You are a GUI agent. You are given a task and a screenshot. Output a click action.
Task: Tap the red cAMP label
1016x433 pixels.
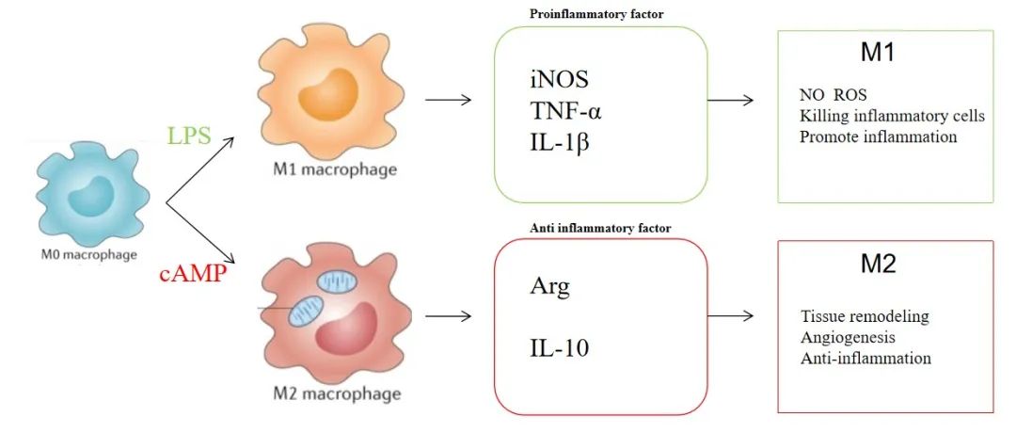tap(194, 274)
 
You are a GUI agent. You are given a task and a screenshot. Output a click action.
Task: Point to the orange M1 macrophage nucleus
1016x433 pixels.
tap(328, 96)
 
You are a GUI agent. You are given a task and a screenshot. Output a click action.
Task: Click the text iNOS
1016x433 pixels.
tap(557, 81)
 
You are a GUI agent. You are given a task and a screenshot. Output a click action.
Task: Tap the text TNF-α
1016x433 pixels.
tap(564, 112)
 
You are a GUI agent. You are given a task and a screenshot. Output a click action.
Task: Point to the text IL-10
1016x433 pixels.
tap(559, 350)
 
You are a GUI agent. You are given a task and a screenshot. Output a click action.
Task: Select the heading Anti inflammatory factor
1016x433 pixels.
tap(600, 228)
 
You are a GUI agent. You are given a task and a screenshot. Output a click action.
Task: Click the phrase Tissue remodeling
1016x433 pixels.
tap(865, 317)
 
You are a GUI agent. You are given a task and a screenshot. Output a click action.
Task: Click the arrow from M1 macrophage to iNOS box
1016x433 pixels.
tap(448, 100)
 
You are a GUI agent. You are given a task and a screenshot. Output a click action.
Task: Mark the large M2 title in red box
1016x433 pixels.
tap(879, 264)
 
